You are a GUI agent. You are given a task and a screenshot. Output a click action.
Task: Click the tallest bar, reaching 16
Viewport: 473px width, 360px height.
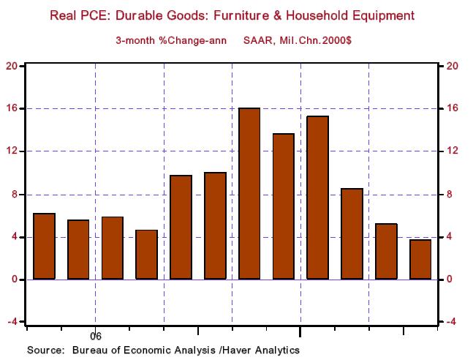(249, 193)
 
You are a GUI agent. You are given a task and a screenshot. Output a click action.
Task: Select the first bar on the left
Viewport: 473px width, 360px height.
(44, 246)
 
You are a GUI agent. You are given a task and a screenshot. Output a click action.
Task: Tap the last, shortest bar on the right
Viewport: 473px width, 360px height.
(420, 259)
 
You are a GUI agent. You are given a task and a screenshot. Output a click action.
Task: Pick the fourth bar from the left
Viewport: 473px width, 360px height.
(146, 254)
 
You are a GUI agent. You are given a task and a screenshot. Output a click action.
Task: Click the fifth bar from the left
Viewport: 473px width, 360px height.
(181, 227)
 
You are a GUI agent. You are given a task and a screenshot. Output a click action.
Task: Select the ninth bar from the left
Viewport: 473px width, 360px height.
(318, 198)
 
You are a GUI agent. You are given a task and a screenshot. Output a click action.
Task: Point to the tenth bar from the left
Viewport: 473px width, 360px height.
(352, 233)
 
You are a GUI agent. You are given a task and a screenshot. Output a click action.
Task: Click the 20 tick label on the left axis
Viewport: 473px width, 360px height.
(11, 66)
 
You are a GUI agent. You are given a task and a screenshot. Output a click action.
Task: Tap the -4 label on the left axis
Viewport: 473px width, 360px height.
(11, 322)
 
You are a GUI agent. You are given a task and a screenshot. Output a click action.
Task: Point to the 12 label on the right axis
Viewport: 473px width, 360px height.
(452, 151)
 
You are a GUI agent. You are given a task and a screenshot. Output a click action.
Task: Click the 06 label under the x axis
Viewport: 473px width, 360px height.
(95, 337)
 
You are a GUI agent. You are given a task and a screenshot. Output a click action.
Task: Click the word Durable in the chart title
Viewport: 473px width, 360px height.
(151, 15)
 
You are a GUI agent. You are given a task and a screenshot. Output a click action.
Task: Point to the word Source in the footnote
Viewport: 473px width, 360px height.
(45, 350)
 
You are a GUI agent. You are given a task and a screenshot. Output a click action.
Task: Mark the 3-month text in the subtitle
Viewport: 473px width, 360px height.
(136, 40)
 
